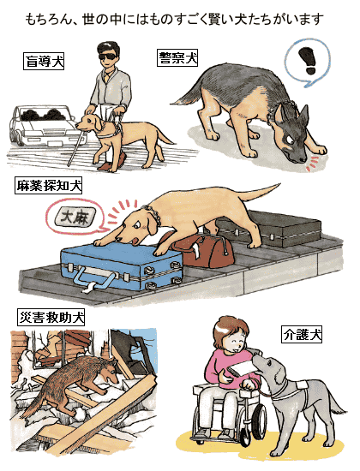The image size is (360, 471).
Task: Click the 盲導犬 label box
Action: pyautogui.click(x=44, y=61)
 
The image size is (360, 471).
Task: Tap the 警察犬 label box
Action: pyautogui.click(x=177, y=58)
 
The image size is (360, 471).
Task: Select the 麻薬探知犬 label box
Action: pyautogui.click(x=48, y=185)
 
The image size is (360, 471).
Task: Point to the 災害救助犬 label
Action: pyautogui.click(x=51, y=317)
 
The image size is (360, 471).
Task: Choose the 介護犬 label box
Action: pyautogui.click(x=302, y=334)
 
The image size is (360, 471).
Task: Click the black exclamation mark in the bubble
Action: pyautogui.click(x=308, y=61)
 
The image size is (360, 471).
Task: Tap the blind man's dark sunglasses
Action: pyautogui.click(x=109, y=57)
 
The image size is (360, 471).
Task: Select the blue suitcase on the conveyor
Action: pyautogui.click(x=122, y=266)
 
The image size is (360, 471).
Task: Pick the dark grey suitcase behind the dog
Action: pyautogui.click(x=273, y=229)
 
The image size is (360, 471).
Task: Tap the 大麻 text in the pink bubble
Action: pyautogui.click(x=75, y=218)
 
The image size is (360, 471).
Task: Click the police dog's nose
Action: pyautogui.click(x=303, y=160)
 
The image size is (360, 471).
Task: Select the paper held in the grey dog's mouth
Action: pyautogui.click(x=243, y=368)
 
